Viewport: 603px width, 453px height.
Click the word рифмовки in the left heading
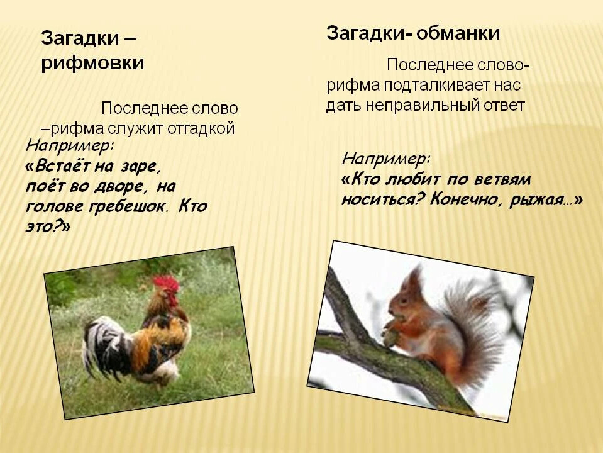pos(92,64)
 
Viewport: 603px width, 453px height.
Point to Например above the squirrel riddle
pos(386,157)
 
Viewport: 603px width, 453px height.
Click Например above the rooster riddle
pos(70,146)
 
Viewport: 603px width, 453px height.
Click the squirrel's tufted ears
pos(415,276)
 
